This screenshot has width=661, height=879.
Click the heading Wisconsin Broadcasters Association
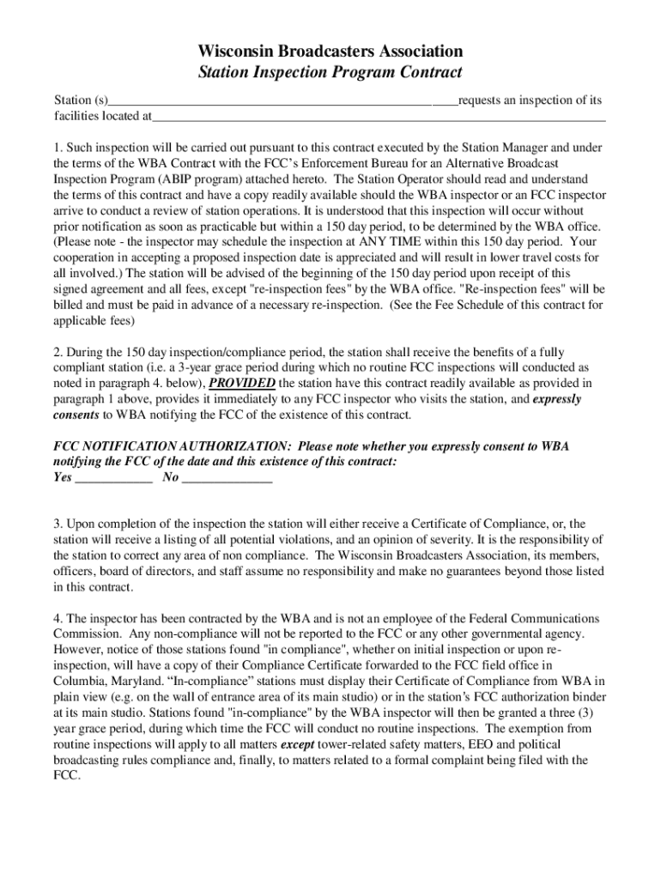click(330, 52)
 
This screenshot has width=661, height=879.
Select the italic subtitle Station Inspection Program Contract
click(330, 73)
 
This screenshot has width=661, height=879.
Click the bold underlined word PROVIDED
click(243, 383)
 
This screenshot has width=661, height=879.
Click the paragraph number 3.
click(57, 524)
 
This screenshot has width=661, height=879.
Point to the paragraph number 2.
click(57, 352)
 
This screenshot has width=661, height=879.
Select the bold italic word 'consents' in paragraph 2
click(76, 415)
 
